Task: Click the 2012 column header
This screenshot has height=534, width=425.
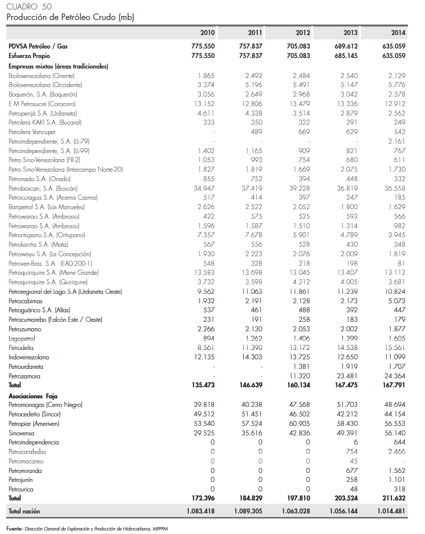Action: point(302,33)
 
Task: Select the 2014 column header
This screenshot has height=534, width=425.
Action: point(398,33)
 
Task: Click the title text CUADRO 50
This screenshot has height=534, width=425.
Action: point(29,7)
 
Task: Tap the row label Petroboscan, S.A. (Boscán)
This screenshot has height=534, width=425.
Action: point(43,188)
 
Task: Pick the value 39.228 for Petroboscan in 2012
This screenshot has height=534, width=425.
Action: point(299,188)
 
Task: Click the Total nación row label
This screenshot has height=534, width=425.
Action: point(24,511)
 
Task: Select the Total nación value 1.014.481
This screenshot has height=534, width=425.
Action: point(391,511)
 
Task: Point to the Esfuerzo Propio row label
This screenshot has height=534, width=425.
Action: point(29,56)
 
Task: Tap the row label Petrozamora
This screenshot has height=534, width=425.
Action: point(25,376)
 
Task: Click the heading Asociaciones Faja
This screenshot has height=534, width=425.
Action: point(33,395)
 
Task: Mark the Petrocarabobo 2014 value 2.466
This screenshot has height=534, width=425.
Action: point(396,452)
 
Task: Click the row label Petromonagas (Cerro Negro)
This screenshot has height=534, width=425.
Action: point(46,405)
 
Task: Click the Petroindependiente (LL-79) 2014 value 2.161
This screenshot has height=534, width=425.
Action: point(396,141)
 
